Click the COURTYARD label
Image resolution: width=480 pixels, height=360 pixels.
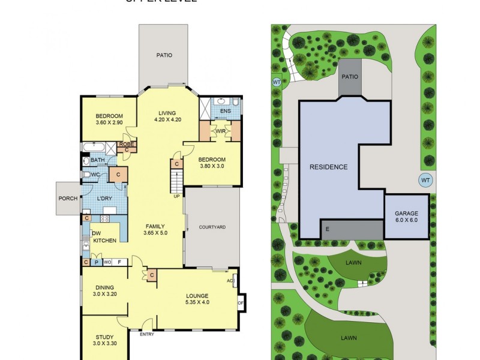pyautogui.click(x=212, y=227)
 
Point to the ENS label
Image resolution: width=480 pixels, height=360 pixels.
pyautogui.click(x=226, y=111)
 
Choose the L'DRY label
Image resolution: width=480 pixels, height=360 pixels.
pyautogui.click(x=106, y=199)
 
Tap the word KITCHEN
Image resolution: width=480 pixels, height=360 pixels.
pyautogui.click(x=104, y=241)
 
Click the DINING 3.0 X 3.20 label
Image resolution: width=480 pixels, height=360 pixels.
pyautogui.click(x=104, y=291)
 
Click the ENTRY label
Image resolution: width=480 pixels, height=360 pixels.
pyautogui.click(x=147, y=334)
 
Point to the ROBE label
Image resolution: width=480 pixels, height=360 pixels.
pyautogui.click(x=126, y=144)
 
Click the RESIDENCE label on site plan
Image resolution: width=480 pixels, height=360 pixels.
pyautogui.click(x=328, y=167)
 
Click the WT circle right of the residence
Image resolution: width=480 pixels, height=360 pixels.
pyautogui.click(x=425, y=180)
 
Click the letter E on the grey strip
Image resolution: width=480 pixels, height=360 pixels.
pyautogui.click(x=327, y=229)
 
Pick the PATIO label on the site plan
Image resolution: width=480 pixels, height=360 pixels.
pyautogui.click(x=349, y=77)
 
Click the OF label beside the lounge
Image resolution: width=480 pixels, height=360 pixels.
pyautogui.click(x=241, y=302)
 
